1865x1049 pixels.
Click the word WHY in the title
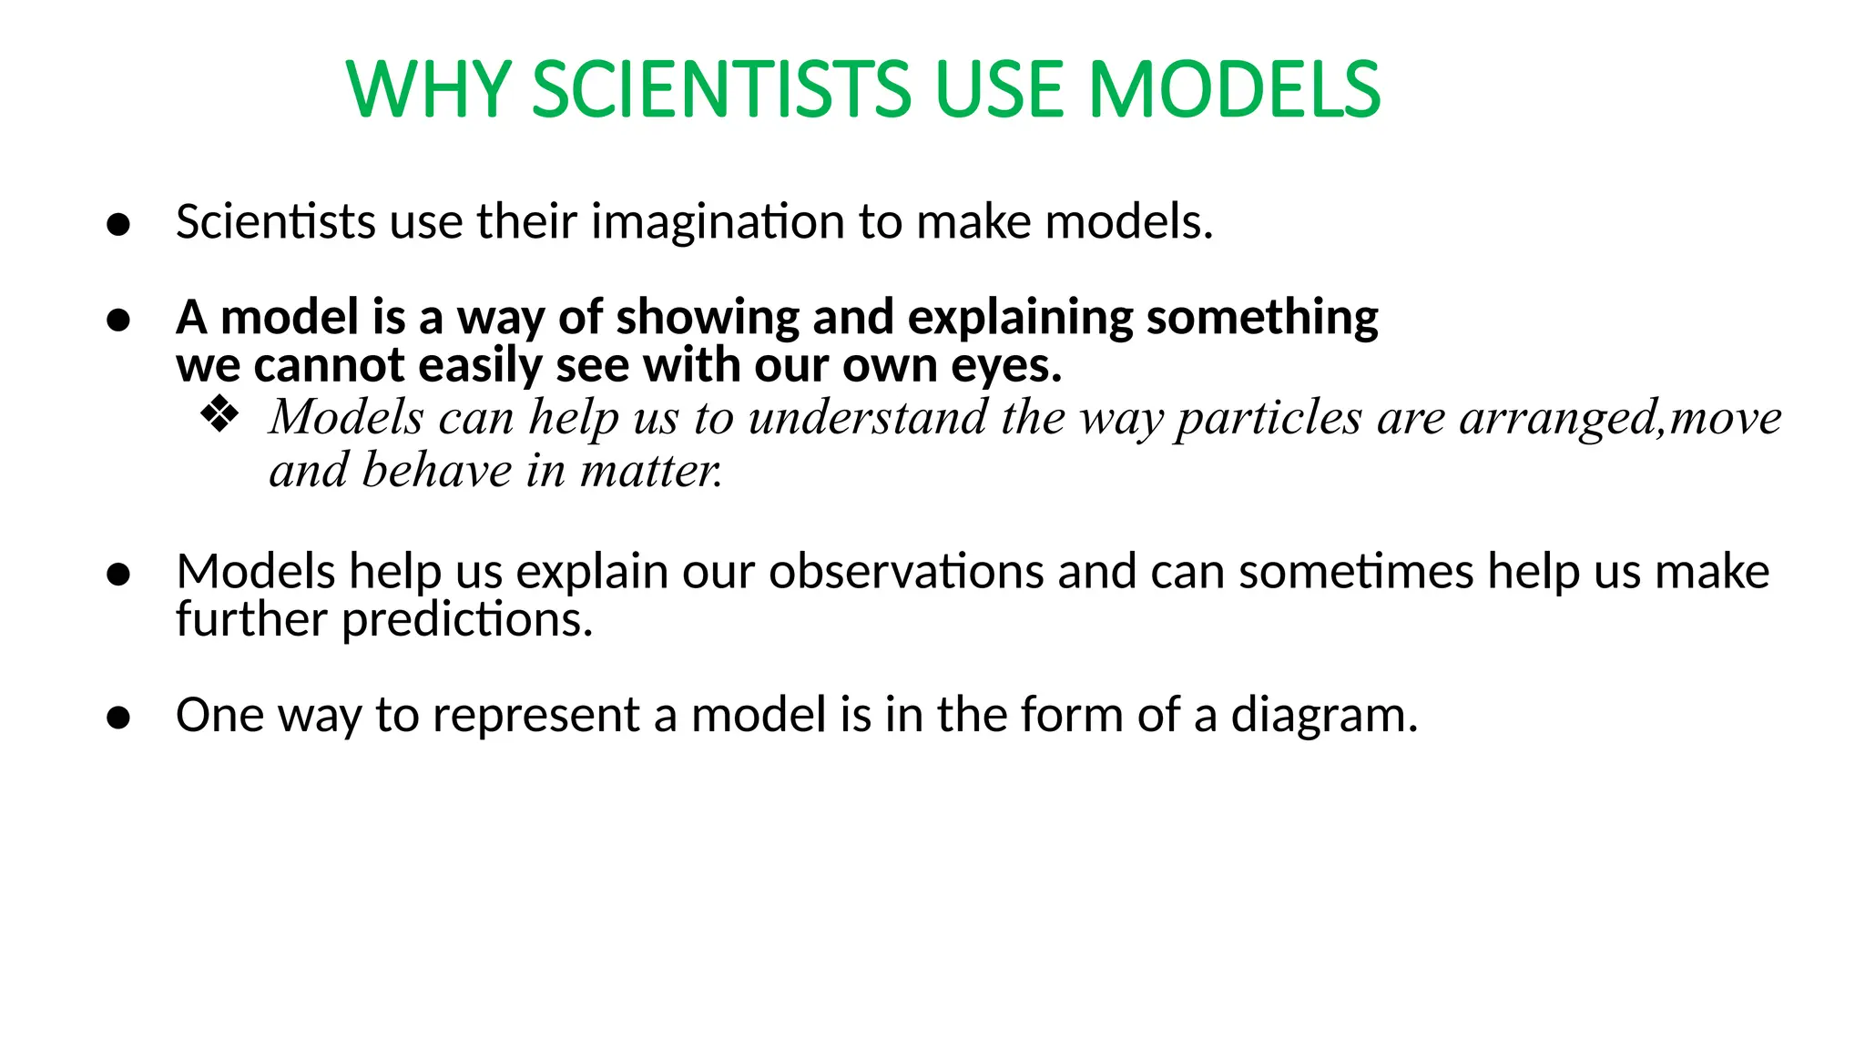point(429,89)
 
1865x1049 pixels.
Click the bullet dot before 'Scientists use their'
point(118,224)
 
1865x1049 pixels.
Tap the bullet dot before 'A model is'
point(118,320)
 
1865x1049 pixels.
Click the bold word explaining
point(1020,318)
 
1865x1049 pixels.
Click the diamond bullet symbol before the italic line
point(219,415)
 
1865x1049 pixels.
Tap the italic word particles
point(1269,418)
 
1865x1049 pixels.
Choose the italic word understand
point(867,418)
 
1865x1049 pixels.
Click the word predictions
point(467,620)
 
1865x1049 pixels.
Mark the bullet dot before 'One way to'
point(118,718)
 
